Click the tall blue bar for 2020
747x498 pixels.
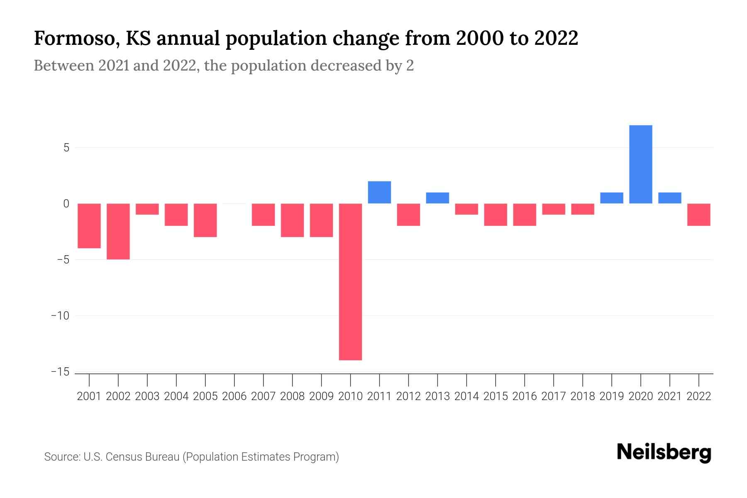point(641,164)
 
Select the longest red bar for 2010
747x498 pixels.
point(350,282)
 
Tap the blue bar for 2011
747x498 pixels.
point(379,192)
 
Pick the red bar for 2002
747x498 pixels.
point(118,231)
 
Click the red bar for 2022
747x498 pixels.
point(699,215)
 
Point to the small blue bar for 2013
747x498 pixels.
point(437,198)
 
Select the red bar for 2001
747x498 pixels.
point(89,226)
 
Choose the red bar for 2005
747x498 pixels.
point(205,220)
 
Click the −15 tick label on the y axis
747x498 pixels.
point(60,372)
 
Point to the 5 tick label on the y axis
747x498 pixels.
point(66,148)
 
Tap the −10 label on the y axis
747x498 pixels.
point(60,316)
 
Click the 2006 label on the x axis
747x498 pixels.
point(234,396)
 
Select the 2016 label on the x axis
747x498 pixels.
point(525,396)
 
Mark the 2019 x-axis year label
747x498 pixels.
point(612,396)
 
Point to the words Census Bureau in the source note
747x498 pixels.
point(143,457)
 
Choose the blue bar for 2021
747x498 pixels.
point(670,198)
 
